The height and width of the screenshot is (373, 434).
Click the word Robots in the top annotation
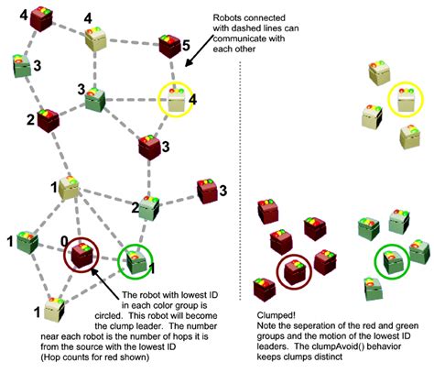(230, 17)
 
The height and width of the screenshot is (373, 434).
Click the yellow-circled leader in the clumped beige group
(399, 98)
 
